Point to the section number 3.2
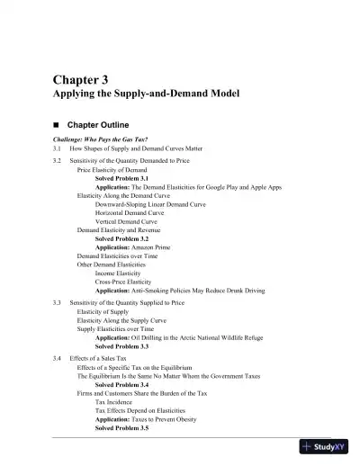57,160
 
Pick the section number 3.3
57,303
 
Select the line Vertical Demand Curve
126,220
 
